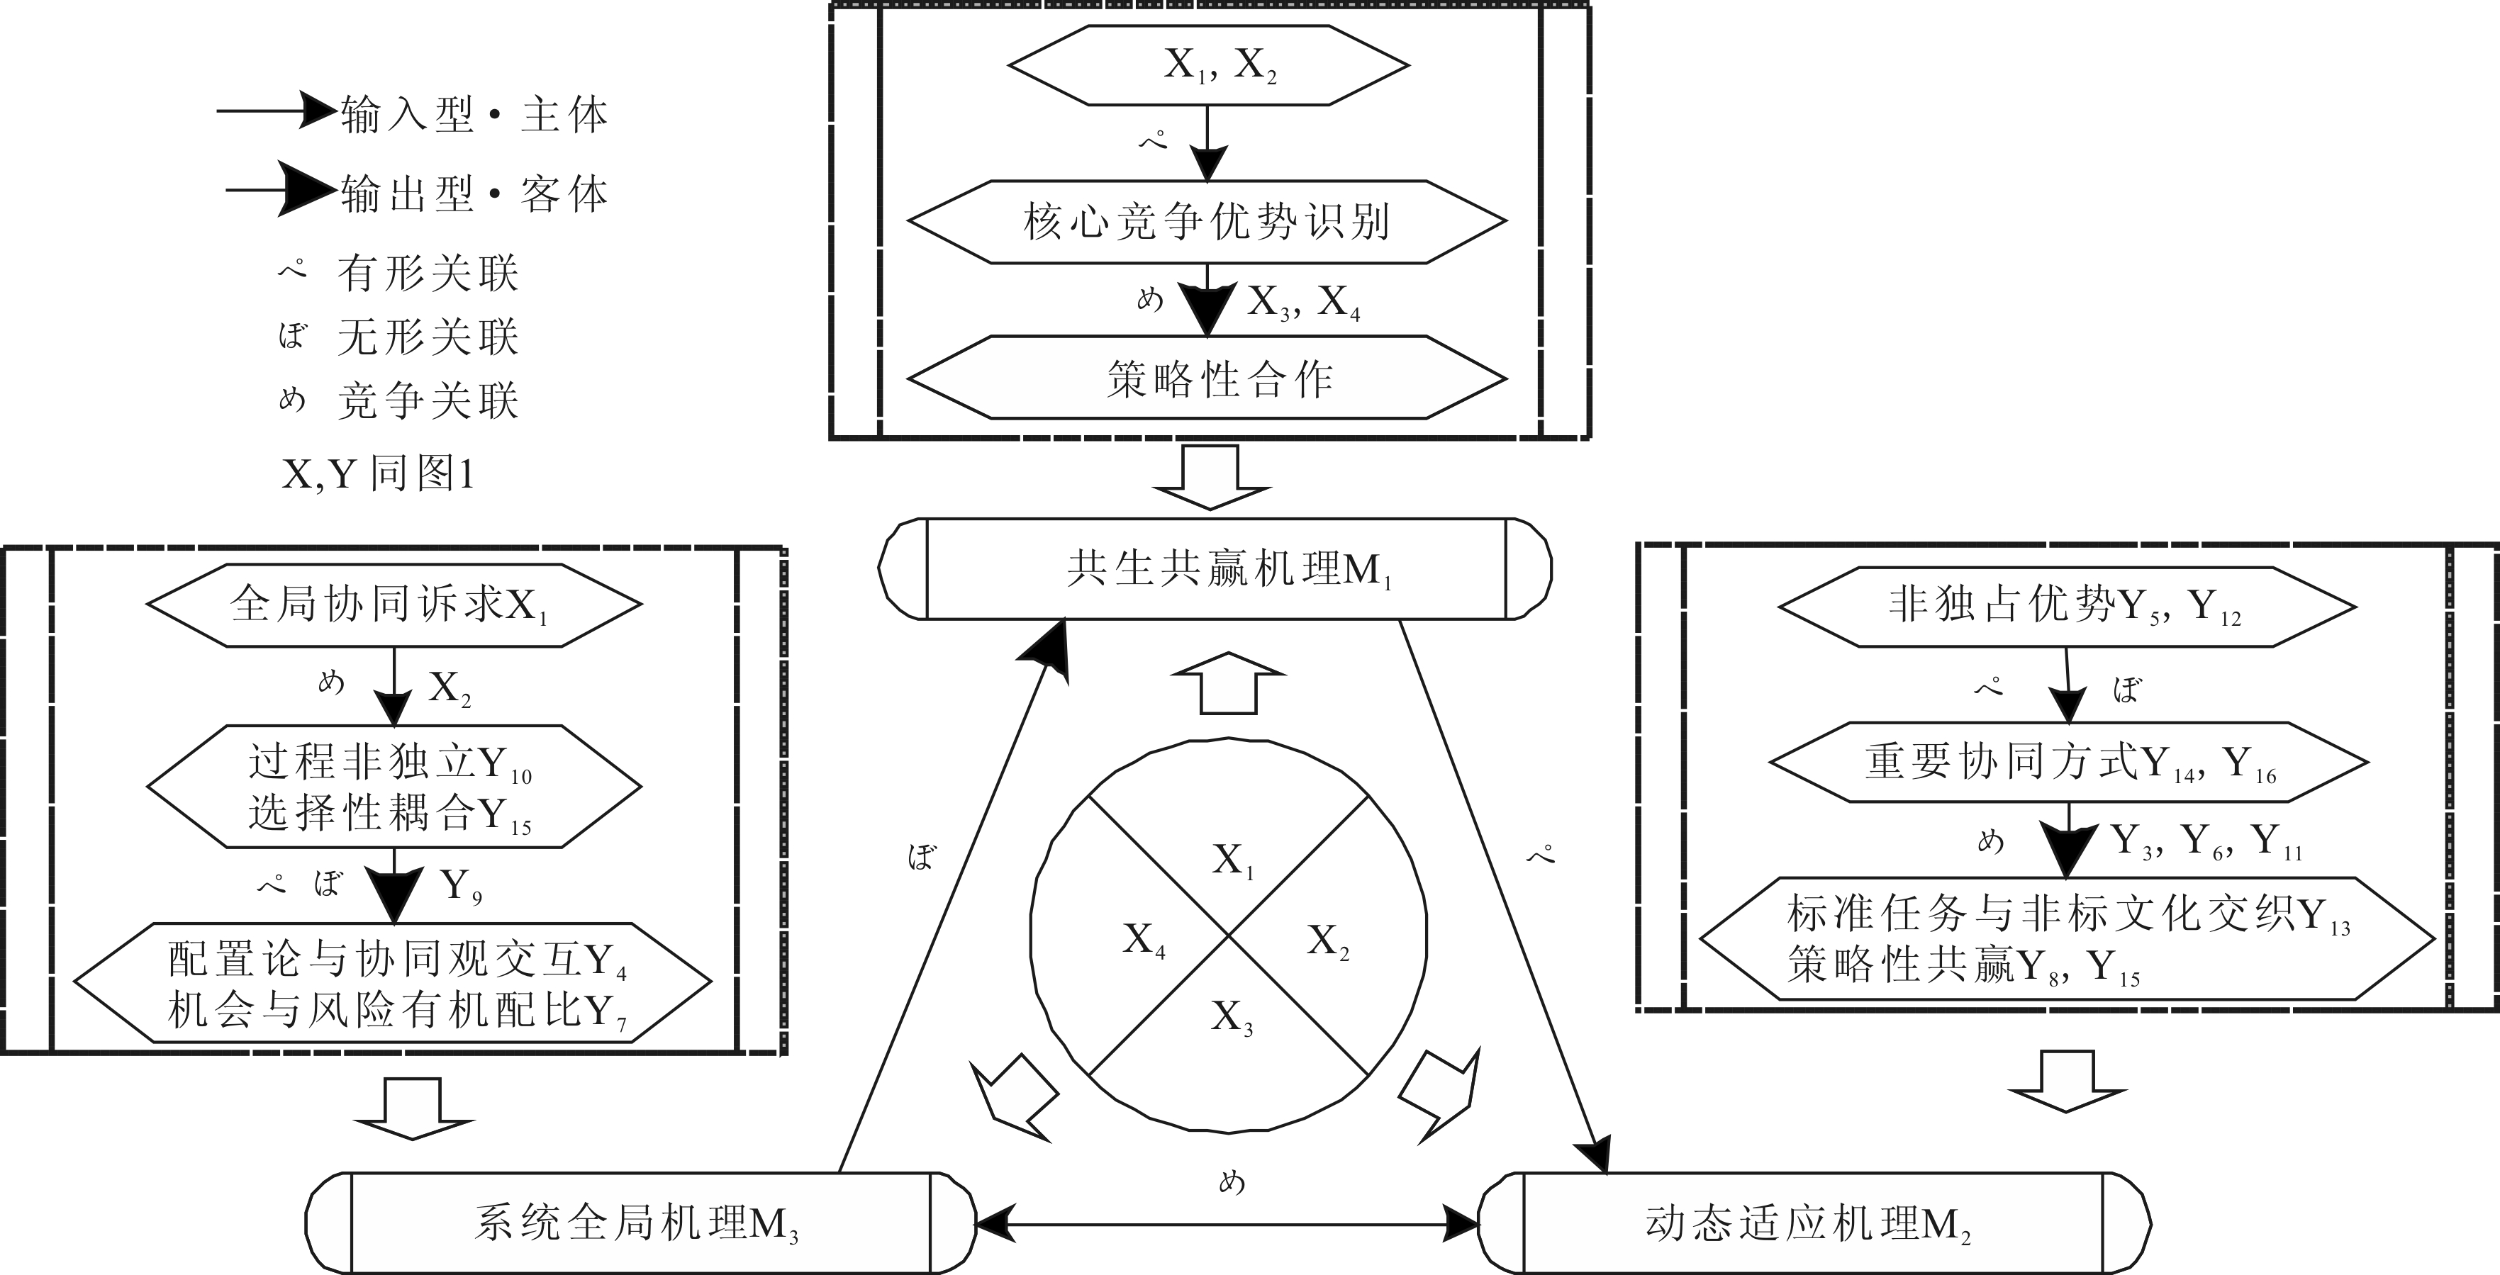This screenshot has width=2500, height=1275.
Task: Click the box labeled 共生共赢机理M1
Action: (x=1215, y=568)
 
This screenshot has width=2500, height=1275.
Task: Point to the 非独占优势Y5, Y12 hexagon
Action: (x=2067, y=607)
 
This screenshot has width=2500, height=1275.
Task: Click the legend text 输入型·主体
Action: (x=474, y=116)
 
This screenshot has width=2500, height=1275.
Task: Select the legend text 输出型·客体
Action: (x=474, y=195)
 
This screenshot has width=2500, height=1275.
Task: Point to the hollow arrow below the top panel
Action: (x=1210, y=478)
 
